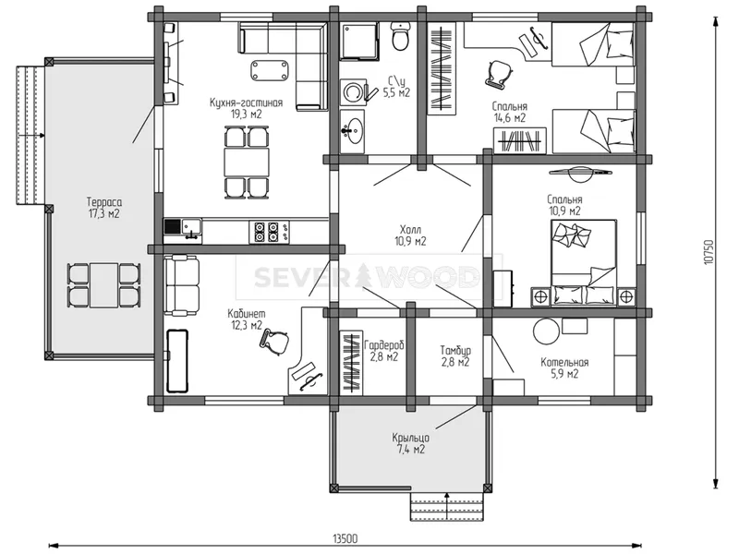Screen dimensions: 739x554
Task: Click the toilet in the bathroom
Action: pyautogui.click(x=401, y=37)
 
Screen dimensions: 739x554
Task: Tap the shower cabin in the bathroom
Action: pyautogui.click(x=359, y=41)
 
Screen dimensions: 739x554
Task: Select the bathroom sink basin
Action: pyautogui.click(x=352, y=129)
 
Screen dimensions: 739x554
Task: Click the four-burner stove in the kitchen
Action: pyautogui.click(x=266, y=232)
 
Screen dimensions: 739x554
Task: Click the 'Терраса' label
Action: pyautogui.click(x=104, y=202)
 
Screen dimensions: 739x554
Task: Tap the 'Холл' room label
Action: pyautogui.click(x=410, y=230)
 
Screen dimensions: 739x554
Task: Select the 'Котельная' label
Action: pyautogui.click(x=564, y=363)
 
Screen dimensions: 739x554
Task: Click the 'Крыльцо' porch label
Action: pyautogui.click(x=410, y=438)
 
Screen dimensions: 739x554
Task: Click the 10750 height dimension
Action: pyautogui.click(x=710, y=252)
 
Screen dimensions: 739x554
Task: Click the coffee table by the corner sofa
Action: pyautogui.click(x=271, y=70)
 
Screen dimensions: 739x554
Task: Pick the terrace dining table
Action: pyautogui.click(x=104, y=285)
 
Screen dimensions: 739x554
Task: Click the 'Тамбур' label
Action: pyautogui.click(x=455, y=351)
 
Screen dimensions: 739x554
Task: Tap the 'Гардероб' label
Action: pyautogui.click(x=384, y=345)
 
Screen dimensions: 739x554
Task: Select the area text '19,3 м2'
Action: pyautogui.click(x=246, y=114)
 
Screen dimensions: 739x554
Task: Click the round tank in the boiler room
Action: pyautogui.click(x=546, y=331)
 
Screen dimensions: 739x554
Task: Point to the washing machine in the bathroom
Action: pyautogui.click(x=353, y=90)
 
